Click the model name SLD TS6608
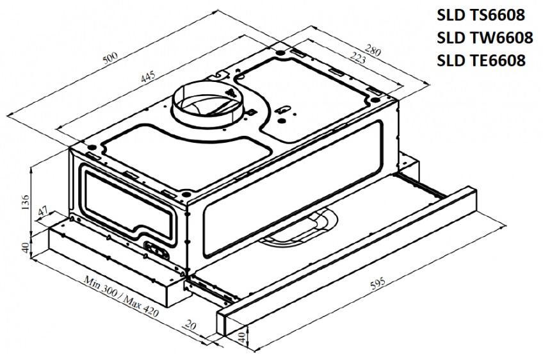481,15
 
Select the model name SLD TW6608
485,37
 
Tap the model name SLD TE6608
481,60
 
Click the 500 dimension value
111,58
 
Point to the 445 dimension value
148,77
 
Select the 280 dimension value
373,51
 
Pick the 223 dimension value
357,58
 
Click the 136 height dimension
25,202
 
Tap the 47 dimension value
44,211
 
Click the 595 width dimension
377,282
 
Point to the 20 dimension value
190,325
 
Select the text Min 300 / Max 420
121,296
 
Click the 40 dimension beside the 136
25,247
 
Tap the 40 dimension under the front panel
243,336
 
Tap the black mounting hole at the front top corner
186,194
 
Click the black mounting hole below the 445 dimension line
92,147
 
